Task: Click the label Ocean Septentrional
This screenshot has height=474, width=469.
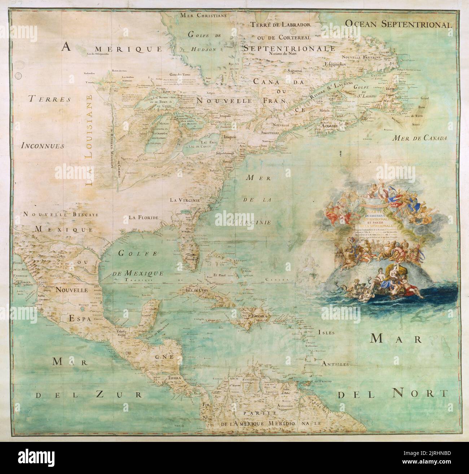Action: [398, 24]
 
